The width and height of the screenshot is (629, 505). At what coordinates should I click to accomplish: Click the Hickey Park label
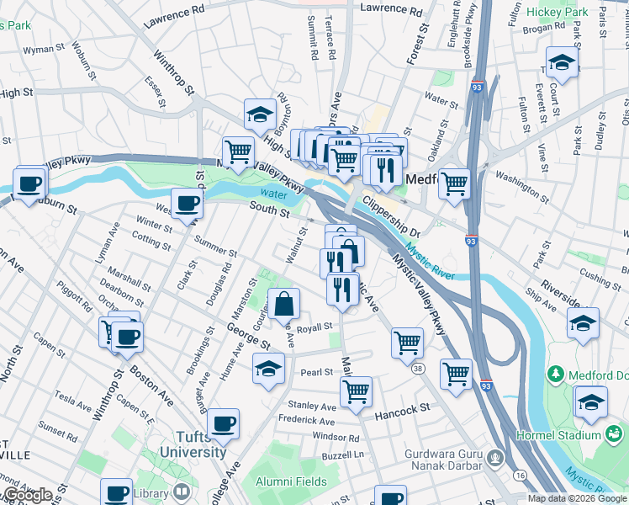tap(558, 13)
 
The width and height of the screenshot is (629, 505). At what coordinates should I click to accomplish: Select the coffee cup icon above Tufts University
tap(223, 424)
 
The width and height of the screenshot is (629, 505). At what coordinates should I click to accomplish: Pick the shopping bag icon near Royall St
tap(285, 303)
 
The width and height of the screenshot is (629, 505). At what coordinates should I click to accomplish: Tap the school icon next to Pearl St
tap(268, 369)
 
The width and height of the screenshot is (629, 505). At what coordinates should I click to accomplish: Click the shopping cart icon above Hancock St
tap(356, 391)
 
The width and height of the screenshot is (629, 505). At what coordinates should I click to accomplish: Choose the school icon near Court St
tap(561, 61)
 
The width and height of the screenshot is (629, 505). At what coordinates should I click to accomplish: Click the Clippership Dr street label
tap(391, 217)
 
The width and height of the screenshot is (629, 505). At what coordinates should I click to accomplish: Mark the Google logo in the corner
tap(28, 495)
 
